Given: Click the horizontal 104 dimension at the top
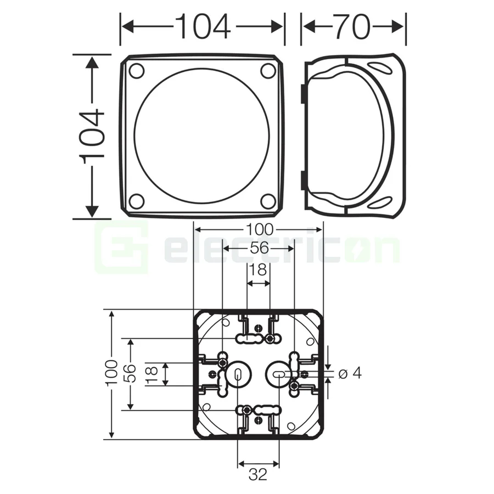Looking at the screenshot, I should (x=203, y=26).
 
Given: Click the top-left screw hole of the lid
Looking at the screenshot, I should (x=136, y=71).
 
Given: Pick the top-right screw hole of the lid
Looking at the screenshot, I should (x=268, y=71).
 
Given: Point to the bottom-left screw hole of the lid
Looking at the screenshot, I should (x=136, y=201).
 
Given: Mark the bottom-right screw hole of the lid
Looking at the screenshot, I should (x=268, y=201).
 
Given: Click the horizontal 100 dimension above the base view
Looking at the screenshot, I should (x=259, y=230).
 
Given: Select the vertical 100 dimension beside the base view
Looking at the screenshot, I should (x=112, y=374).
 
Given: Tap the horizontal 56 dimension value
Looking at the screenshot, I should (x=259, y=249).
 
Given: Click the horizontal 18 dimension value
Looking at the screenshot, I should (x=258, y=270).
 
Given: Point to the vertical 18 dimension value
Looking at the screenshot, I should (x=153, y=374).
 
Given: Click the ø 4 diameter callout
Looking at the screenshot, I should (x=350, y=374).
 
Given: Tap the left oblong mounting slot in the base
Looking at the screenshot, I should (x=237, y=375).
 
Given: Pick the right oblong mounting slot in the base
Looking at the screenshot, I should (x=278, y=374).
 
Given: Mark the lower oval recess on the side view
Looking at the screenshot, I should (x=379, y=204).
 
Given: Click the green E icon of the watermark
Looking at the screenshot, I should (x=121, y=249).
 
